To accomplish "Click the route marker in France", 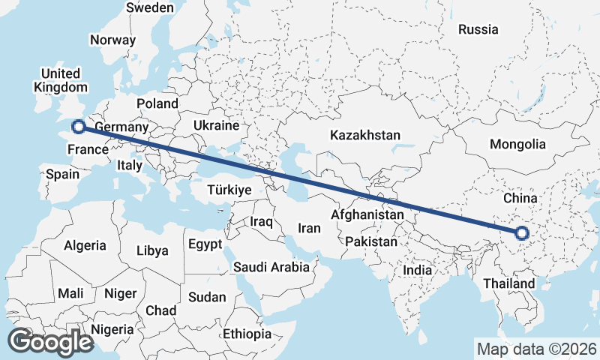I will pos(77,127).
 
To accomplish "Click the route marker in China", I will pos(523,233).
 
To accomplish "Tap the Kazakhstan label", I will pos(365,136).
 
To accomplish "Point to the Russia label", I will pos(478,30).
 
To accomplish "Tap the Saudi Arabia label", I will pos(271,267).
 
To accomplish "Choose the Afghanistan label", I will pos(367,214).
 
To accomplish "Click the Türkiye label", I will pos(228,190).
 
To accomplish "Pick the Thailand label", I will pos(509,283).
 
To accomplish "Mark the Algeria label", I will pos(85,245).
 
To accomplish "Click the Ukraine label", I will pos(216,125).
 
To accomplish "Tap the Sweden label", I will pos(150,7).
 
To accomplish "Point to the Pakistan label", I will pos(371,241).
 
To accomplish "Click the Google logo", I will pos(50,342).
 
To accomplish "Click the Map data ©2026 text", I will pos(536,349).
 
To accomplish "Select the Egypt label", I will pos(205,244).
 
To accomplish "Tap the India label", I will pos(417,270).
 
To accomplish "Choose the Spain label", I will pos(62,174).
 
